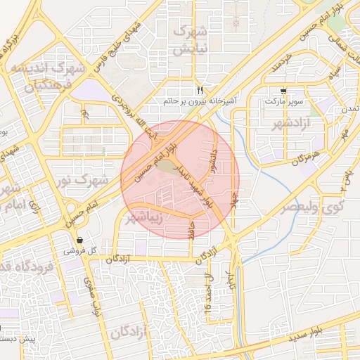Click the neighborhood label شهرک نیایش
(191, 41)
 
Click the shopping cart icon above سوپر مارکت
(283, 91)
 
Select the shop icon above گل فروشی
(80, 240)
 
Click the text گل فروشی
(80, 250)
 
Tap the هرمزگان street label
(307, 156)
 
